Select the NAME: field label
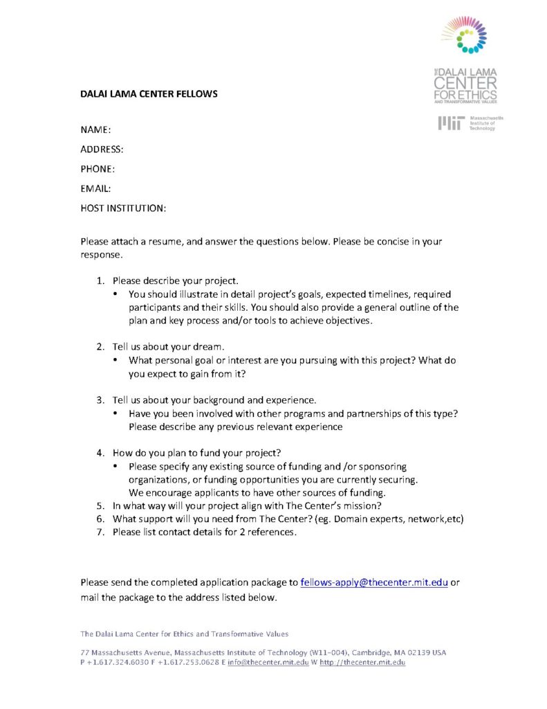coord(96,130)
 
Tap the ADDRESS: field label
coord(102,150)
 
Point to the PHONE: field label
coord(98,169)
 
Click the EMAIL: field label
coord(96,188)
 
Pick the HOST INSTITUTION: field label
coord(123,208)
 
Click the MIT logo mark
coord(451,123)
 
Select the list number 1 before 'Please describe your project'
coord(99,281)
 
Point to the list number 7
coord(99,532)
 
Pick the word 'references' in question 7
coord(272,532)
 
